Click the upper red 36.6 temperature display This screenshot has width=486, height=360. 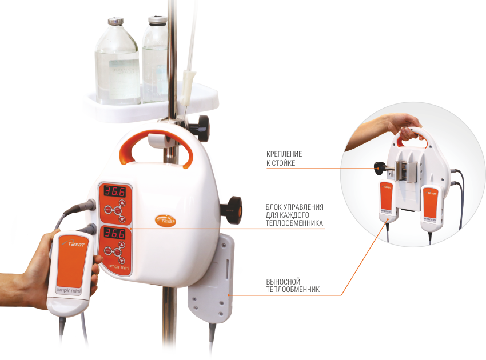(x=114, y=191)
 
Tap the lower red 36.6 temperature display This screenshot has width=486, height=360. (x=114, y=233)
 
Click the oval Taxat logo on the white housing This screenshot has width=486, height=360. (x=165, y=221)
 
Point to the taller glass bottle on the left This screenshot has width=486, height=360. (x=117, y=62)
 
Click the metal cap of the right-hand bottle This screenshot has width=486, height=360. (x=157, y=20)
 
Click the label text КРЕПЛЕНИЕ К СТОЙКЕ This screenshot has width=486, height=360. (x=284, y=158)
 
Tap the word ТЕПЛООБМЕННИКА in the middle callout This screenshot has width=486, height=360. (x=294, y=223)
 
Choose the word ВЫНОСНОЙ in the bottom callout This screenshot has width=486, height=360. (x=283, y=282)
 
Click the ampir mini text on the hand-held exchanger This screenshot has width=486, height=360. (x=69, y=291)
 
